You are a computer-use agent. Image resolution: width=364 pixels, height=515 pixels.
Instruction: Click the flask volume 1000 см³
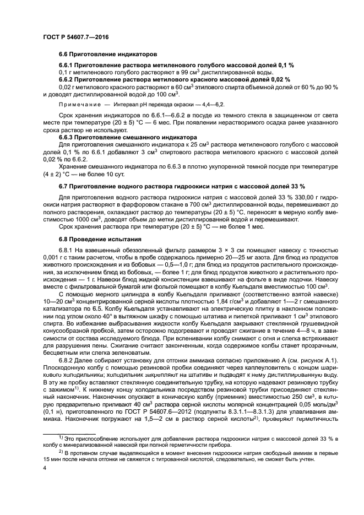[70, 219]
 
